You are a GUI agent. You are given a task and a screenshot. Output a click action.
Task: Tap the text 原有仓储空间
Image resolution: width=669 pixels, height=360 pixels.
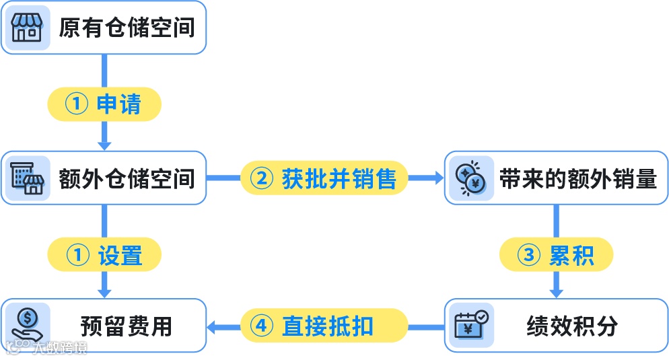[127, 28]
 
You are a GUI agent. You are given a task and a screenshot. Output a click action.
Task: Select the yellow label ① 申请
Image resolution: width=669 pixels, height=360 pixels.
[104, 104]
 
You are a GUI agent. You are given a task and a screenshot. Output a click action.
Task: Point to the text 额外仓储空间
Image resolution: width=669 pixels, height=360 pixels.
[127, 179]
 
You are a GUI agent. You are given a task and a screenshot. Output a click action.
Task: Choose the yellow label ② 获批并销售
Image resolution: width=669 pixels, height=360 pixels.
[324, 178]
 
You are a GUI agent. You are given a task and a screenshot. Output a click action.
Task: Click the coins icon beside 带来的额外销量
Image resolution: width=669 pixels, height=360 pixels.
[470, 178]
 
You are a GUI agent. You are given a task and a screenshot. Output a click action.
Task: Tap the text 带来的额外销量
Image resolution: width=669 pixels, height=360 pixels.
[577, 179]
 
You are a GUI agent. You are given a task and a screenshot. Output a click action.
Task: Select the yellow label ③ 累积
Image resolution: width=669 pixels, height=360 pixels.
[557, 255]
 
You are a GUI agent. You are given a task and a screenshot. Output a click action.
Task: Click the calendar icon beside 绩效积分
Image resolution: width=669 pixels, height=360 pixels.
[470, 325]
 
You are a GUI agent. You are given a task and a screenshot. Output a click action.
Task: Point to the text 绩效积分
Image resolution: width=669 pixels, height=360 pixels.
[572, 326]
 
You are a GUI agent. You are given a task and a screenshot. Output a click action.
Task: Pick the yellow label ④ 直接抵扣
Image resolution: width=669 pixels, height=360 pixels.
[324, 326]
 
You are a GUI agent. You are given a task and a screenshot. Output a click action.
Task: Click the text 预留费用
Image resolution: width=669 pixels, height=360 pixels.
[127, 326]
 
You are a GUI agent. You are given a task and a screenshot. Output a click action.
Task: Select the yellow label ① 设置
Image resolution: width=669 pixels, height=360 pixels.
[104, 255]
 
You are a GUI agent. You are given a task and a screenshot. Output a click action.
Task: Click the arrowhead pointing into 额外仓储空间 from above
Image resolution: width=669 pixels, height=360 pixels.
[104, 145]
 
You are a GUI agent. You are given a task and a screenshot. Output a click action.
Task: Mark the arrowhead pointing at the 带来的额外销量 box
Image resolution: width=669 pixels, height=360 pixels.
[438, 178]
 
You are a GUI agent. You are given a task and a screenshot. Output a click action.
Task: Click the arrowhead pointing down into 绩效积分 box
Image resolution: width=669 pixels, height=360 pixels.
[557, 293]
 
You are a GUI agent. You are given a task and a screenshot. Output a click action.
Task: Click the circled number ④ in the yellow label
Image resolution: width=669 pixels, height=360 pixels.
[262, 326]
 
